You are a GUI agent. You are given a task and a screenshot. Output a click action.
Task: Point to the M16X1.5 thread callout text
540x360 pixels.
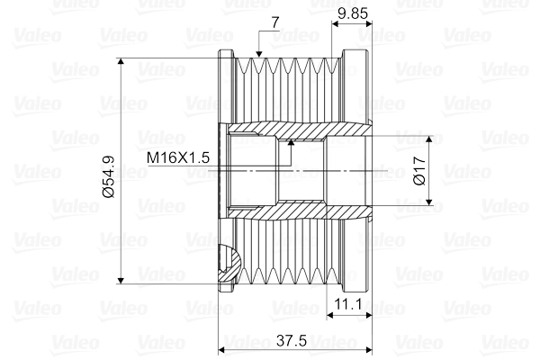(x=178, y=157)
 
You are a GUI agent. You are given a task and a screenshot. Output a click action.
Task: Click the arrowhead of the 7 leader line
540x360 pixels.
(x=259, y=58)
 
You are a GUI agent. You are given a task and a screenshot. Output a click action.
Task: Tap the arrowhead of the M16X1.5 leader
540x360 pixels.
(x=292, y=145)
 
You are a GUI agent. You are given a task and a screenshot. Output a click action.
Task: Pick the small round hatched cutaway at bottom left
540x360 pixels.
(x=229, y=263)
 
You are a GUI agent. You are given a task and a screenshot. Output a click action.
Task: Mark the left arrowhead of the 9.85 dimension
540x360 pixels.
(x=336, y=24)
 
